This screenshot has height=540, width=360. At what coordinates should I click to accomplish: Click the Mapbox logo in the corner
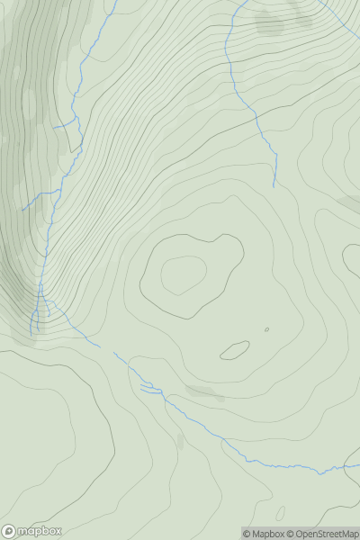(32, 531)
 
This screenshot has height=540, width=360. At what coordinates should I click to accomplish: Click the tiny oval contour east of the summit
(266, 329)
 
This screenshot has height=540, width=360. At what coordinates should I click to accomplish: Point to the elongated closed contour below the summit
(235, 350)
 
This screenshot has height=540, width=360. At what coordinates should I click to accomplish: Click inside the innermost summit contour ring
(184, 274)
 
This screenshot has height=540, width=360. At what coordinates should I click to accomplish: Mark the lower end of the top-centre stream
(274, 186)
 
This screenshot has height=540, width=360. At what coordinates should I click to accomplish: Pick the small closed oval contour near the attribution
(280, 514)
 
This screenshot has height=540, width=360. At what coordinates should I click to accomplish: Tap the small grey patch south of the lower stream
(180, 441)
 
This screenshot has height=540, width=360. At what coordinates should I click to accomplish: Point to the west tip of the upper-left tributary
(52, 128)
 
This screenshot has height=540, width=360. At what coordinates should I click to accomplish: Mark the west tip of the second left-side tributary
(22, 210)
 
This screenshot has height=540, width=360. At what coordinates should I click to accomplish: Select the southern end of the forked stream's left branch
(31, 335)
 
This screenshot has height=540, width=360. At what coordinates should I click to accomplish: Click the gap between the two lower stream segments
(106, 349)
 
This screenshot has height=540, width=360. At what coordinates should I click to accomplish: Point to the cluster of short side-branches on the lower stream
(148, 387)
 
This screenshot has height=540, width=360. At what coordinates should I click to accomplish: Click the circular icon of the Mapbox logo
(8, 531)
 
